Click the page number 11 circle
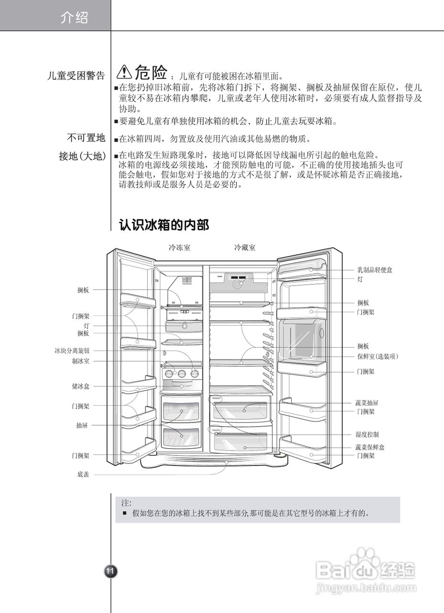111,571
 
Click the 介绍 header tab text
74,18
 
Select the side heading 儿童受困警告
76,76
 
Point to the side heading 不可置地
86,138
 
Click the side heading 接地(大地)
82,156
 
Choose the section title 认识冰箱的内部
164,225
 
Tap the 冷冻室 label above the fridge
179,248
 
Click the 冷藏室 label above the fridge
244,248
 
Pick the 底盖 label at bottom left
83,475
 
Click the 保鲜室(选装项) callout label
377,356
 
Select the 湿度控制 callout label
367,434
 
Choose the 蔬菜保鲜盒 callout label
370,447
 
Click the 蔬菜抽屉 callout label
367,403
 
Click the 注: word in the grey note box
126,503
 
